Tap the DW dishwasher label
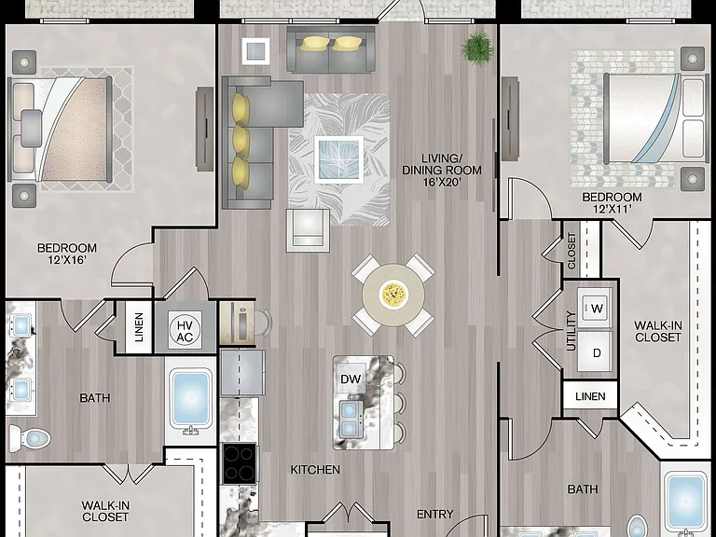(x=351, y=379)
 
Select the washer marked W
(x=595, y=308)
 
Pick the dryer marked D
(x=595, y=351)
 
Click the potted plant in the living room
(x=477, y=48)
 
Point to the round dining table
(x=393, y=295)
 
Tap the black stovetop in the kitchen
(x=239, y=463)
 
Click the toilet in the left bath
(x=30, y=438)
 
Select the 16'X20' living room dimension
(x=442, y=182)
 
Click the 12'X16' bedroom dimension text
(x=67, y=260)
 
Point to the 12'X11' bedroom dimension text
(x=613, y=209)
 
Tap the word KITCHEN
(x=315, y=470)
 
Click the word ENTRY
(x=435, y=515)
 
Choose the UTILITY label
(x=571, y=331)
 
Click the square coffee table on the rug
(x=339, y=159)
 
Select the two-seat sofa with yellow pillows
(x=331, y=49)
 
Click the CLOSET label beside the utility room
(x=571, y=250)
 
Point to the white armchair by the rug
(x=308, y=230)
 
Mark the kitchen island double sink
(x=349, y=419)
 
